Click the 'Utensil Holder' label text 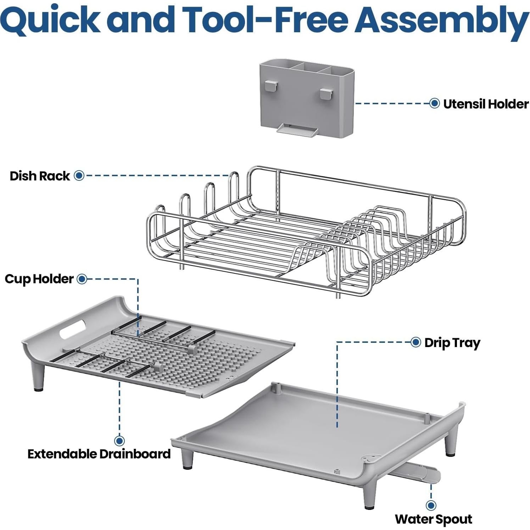[486, 104]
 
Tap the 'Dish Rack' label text [40, 176]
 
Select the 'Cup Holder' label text [39, 279]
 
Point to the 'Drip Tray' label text [452, 343]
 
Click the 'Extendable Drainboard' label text [99, 454]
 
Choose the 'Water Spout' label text [433, 519]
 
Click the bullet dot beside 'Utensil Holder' [434, 104]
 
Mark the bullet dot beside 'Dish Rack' [79, 175]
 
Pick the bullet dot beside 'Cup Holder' [82, 279]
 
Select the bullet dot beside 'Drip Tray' [415, 342]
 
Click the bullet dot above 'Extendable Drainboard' [119, 441]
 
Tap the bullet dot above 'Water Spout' [431, 505]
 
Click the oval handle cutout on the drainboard [72, 329]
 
